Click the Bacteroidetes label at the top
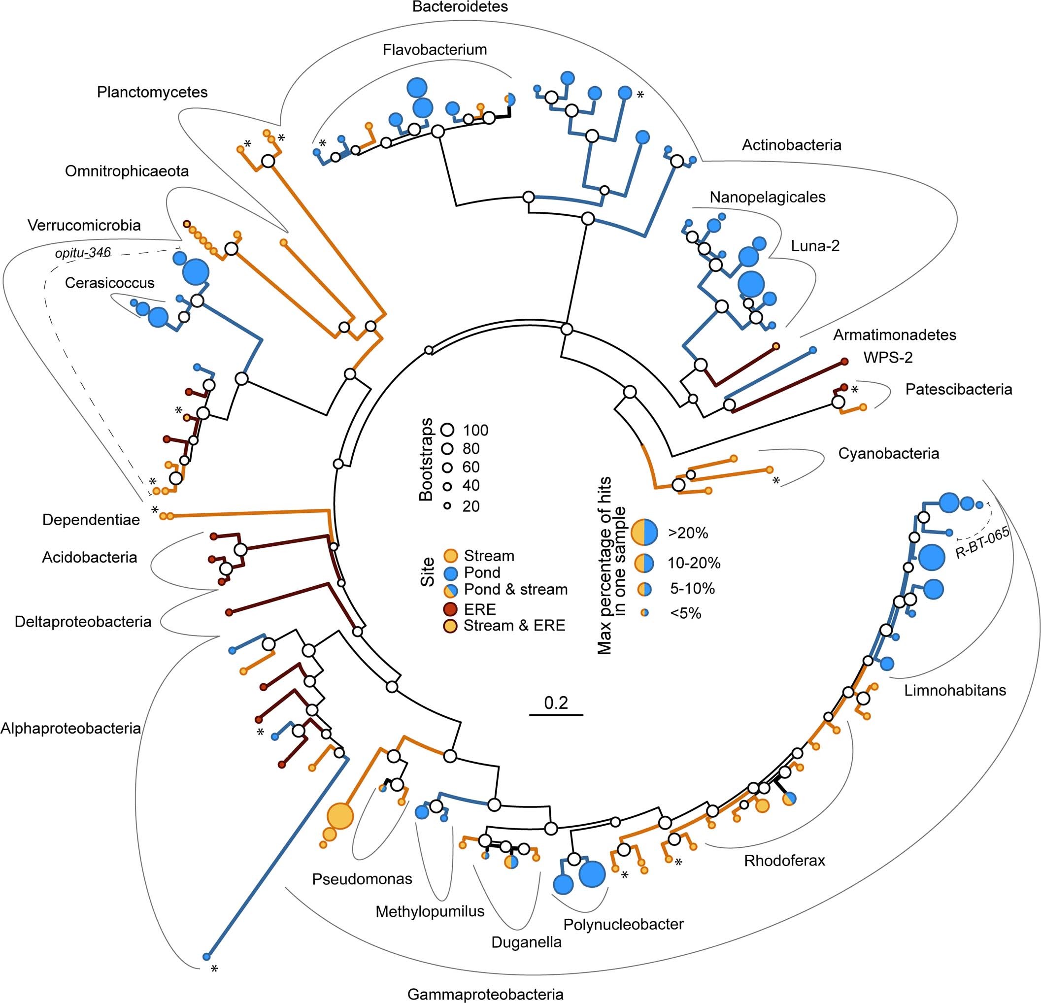pos(460,7)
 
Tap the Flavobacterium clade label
pos(435,50)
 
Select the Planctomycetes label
pos(152,93)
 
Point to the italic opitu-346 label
pos(83,253)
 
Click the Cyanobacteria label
pos(889,453)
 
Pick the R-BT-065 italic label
pos(982,543)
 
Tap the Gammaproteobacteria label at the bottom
pos(485,994)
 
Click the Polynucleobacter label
pos(623,924)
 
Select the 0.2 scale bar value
pos(556,703)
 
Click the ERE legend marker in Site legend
pos(450,609)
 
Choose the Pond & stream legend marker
pos(450,589)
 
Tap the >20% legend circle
pos(644,533)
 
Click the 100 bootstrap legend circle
pos(448,430)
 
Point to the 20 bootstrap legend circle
pos(448,506)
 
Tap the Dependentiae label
pos(91,520)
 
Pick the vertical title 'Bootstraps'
pos(426,460)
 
